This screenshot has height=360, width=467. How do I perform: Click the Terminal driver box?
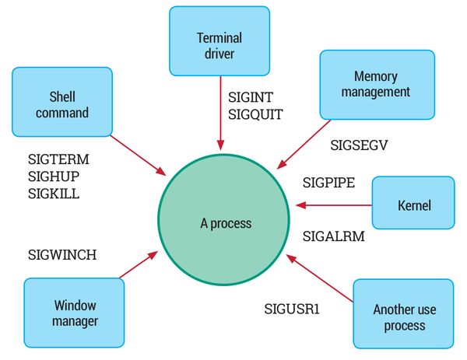coord(219,45)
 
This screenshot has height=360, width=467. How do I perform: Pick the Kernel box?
coord(413,206)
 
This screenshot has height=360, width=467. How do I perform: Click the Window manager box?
coord(75,313)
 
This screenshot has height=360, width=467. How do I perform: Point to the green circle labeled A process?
coord(226,223)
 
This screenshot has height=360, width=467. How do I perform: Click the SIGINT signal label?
coord(251,98)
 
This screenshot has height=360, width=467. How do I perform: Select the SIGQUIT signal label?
coord(255,114)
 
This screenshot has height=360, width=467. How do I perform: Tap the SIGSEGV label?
coord(359,145)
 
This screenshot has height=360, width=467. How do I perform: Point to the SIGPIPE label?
coord(328,183)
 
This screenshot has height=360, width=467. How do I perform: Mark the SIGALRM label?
coord(333,235)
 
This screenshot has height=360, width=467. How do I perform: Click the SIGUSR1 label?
coord(292,309)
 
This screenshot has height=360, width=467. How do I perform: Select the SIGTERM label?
coord(58,159)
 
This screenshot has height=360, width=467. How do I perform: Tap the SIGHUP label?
coord(54,176)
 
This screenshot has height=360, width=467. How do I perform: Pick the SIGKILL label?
coord(54,193)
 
